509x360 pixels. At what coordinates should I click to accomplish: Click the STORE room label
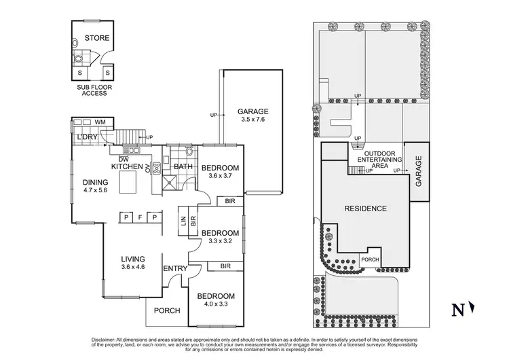[x=97, y=38]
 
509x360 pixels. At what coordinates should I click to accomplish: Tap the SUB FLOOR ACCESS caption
[x=94, y=90]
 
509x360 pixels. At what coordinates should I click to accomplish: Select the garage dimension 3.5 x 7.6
[x=252, y=121]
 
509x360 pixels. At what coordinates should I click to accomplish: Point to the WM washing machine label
[x=100, y=122]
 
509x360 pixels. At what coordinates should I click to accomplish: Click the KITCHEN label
[x=127, y=166]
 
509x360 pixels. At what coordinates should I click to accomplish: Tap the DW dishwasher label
[x=124, y=159]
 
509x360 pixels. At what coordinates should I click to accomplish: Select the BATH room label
[x=183, y=166]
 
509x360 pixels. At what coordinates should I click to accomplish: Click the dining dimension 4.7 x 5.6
[x=95, y=191]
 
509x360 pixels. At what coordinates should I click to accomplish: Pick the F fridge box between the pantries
[x=140, y=217]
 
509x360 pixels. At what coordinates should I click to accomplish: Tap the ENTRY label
[x=174, y=269]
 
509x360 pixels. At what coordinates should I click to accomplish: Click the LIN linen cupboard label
[x=183, y=221]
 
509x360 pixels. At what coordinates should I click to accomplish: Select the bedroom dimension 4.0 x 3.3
[x=216, y=305]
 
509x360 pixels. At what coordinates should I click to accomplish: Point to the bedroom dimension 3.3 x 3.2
[x=220, y=240]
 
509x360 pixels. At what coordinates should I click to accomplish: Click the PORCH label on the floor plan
[x=167, y=310]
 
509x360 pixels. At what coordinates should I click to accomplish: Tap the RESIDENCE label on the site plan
[x=365, y=209]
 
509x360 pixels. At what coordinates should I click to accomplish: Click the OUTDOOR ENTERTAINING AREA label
[x=384, y=160]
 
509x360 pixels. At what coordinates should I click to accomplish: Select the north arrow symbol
[x=471, y=309]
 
